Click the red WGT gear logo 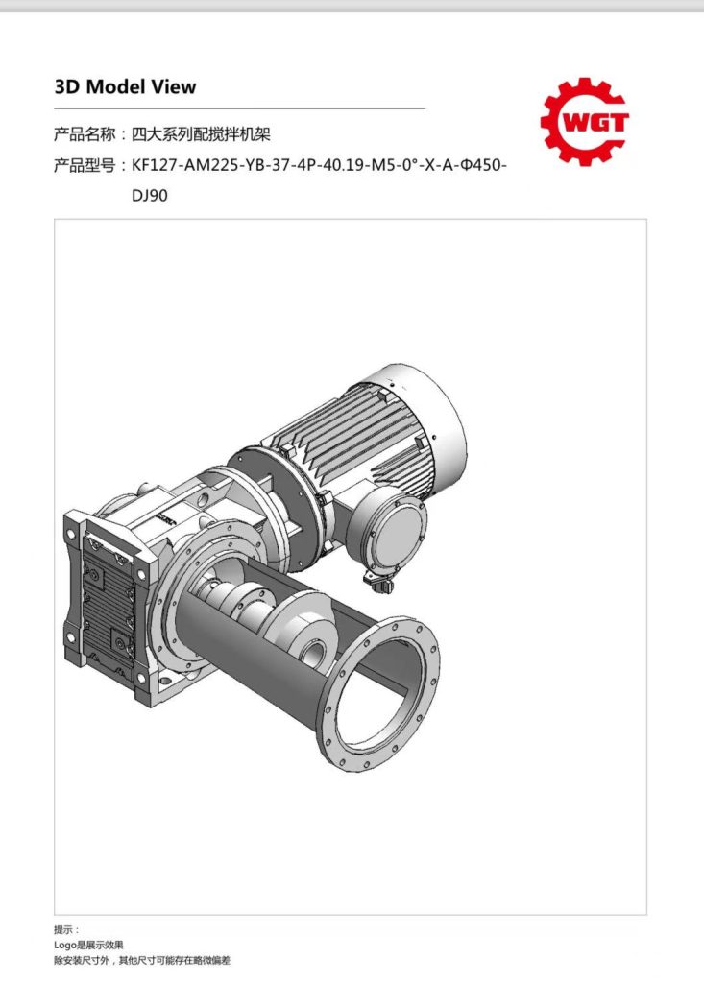(x=585, y=122)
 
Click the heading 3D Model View (x=126, y=86)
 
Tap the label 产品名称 (x=85, y=134)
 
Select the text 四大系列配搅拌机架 (x=201, y=134)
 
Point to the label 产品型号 (x=85, y=165)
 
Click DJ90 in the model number (x=149, y=196)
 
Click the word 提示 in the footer (x=62, y=929)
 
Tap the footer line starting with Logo (x=88, y=945)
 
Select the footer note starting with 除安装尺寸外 (x=142, y=960)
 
